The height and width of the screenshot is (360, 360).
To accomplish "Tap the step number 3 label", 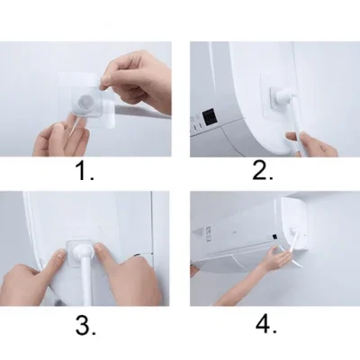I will [86, 326].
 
